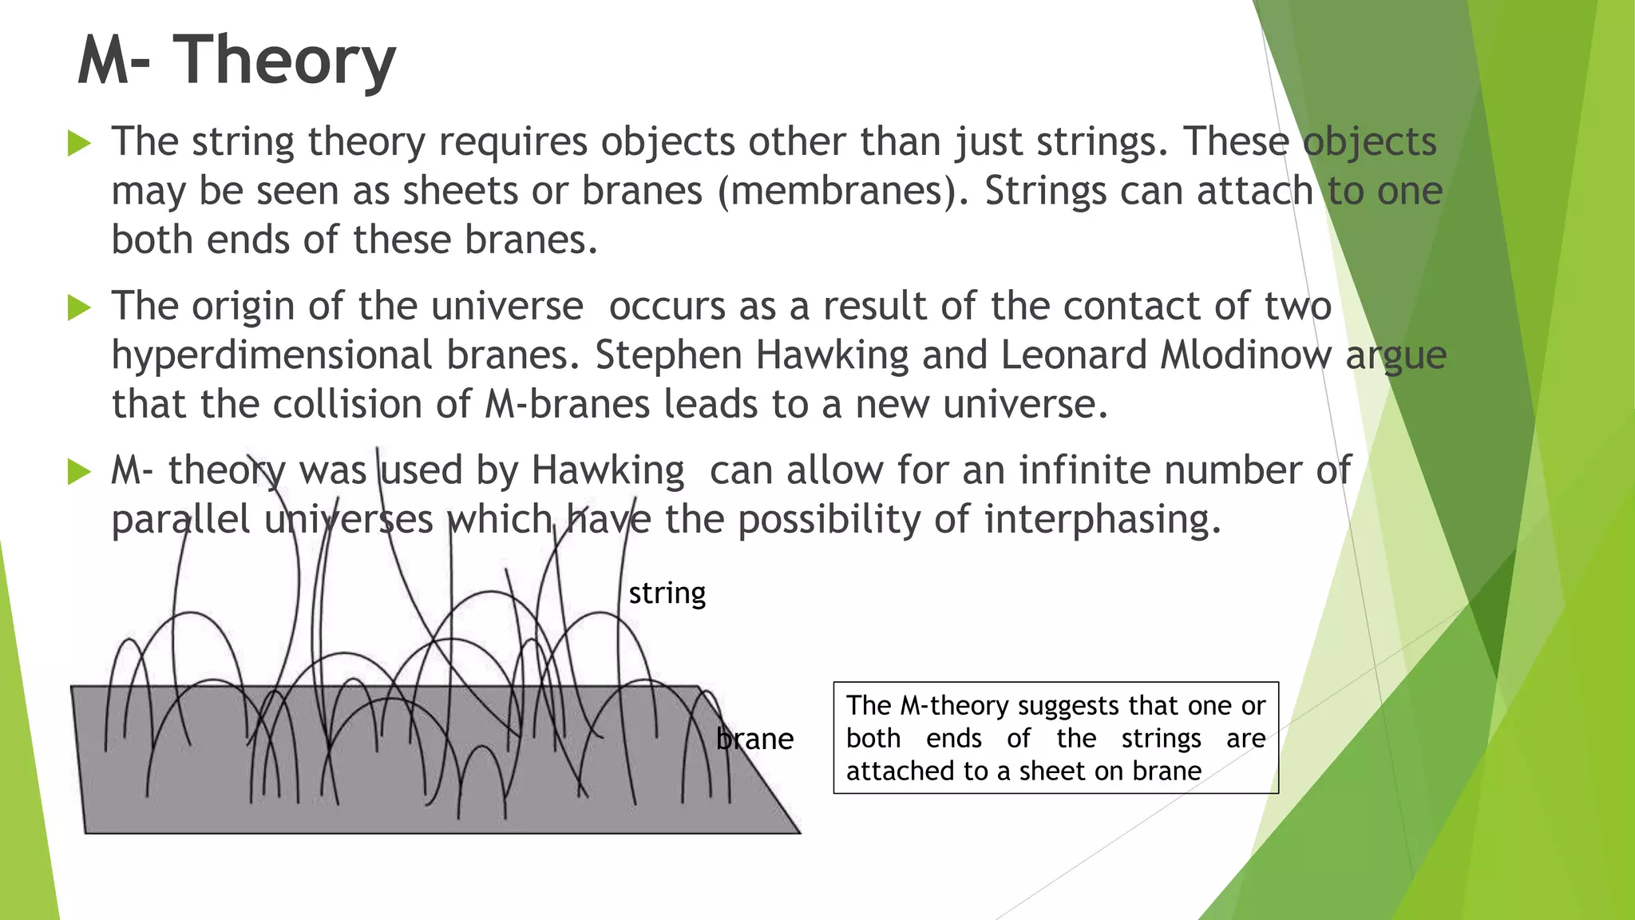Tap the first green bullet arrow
pos(79,144)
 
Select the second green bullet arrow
pos(79,307)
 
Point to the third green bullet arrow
pos(79,472)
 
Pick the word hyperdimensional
pos(271,355)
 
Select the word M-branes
pos(567,404)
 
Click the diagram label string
pos(667,593)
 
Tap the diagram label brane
pos(754,740)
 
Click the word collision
pos(347,404)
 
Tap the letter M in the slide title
pos(102,61)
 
